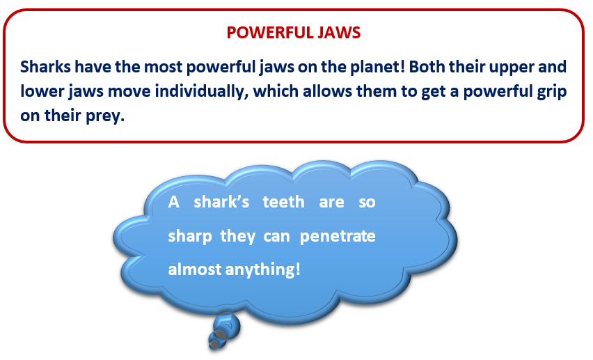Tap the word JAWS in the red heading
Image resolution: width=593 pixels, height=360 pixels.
339,33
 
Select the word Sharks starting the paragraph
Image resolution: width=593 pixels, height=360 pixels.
45,67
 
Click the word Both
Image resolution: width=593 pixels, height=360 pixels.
427,67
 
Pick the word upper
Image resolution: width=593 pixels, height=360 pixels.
511,68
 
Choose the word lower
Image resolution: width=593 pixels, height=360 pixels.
42,91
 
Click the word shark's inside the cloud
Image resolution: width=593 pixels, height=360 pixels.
221,202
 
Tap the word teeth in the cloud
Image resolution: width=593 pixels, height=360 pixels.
284,202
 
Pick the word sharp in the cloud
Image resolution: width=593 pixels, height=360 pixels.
190,237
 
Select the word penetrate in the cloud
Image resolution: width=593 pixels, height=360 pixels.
338,237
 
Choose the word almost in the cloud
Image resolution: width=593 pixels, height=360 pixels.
195,269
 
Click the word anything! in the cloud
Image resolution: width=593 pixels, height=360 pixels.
263,270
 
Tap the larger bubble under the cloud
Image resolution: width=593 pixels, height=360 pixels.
226,324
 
